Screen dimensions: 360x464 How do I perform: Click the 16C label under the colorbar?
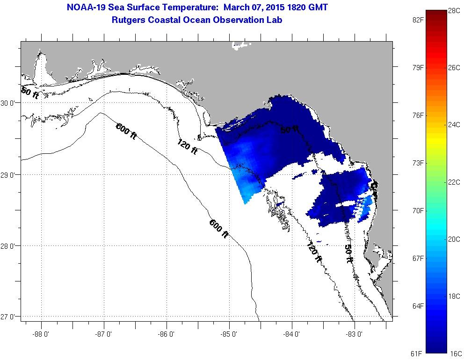(x=454, y=353)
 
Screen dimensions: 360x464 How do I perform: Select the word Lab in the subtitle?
(x=275, y=20)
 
